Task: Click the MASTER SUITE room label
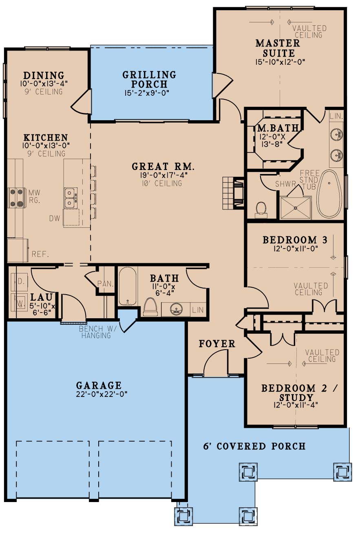click(x=277, y=48)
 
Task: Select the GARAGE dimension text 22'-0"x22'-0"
click(x=99, y=394)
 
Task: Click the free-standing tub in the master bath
click(x=329, y=194)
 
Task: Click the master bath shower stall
click(x=296, y=208)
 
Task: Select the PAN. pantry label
click(x=105, y=283)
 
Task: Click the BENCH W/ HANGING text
click(x=96, y=332)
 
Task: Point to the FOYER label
click(x=217, y=344)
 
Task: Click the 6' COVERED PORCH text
click(x=254, y=446)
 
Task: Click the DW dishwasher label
click(x=55, y=218)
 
